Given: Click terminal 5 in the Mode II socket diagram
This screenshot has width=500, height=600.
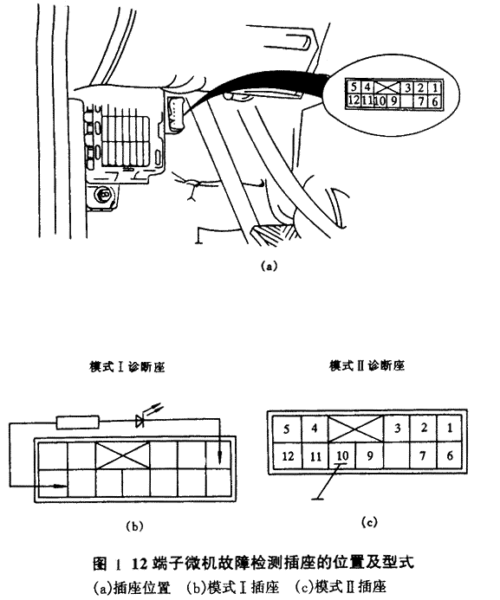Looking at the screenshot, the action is pos(287,429).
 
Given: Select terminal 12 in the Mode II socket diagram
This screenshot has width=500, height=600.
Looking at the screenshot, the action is pos(288,456).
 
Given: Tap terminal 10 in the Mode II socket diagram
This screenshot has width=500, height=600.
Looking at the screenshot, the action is pos(342,455).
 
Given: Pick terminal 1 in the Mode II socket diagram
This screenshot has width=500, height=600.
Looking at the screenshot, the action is pos(450,429).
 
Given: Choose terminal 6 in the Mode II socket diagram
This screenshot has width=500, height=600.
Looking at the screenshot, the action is pos(450,455).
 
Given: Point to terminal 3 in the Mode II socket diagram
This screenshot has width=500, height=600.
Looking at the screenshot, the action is pos(397,429).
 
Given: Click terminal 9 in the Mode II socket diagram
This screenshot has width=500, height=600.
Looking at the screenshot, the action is pos(369,455).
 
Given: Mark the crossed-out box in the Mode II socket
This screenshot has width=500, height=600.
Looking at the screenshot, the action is pos(356,429).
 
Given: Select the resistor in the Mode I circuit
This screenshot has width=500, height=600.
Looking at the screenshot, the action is pos(78,423).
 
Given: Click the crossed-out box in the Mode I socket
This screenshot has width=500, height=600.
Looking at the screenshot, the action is pos(122,455).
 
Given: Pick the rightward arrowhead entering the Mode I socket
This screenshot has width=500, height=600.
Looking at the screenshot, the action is pos(59,487).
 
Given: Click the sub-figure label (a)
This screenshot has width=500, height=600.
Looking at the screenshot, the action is pos(268,267).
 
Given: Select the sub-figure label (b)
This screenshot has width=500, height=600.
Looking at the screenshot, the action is pos(134,526).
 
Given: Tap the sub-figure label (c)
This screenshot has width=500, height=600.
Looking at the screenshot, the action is pos(369,522).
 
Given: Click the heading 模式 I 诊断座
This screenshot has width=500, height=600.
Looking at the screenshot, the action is pos(127,367).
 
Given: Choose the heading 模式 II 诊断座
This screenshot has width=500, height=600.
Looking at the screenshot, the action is pos(367,366).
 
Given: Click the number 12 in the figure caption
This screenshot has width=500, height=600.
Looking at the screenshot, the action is pos(140,564).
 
